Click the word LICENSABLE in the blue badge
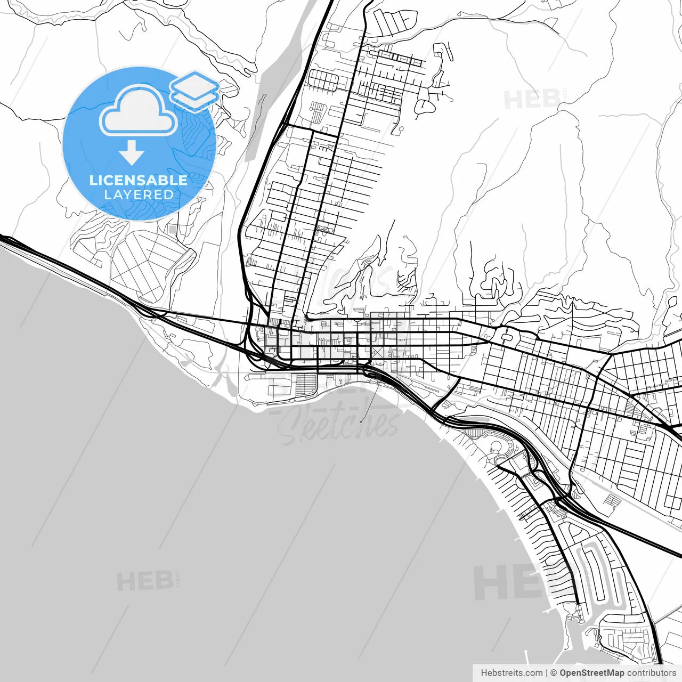coord(139,180)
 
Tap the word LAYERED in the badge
coord(139,194)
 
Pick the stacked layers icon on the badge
coord(194,90)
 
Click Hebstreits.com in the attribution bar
coord(511,673)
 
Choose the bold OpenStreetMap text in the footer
coord(591,673)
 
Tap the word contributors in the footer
coord(651,673)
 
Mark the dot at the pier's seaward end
coord(361,421)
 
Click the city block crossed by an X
coord(377,352)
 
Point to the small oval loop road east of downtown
coord(506,337)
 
